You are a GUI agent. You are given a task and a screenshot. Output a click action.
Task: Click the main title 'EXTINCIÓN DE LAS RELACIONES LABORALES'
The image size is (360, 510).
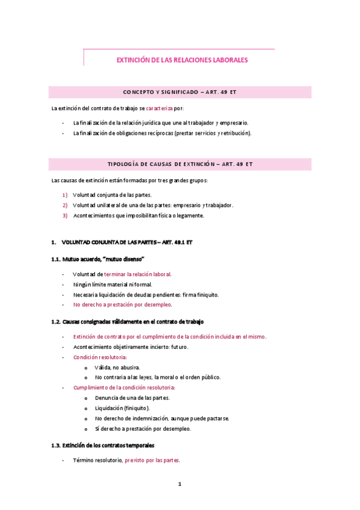click(182, 60)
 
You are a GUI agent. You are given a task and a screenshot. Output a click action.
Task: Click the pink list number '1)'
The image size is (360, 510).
click(65, 194)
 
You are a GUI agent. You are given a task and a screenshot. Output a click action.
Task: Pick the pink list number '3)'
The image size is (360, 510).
click(65, 215)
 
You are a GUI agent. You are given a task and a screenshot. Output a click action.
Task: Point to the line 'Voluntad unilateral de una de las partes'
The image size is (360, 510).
click(153, 205)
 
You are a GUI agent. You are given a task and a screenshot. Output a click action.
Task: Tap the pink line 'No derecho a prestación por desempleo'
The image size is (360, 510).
click(122, 305)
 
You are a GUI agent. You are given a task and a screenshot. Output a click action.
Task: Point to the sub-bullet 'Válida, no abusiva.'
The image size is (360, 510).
click(118, 367)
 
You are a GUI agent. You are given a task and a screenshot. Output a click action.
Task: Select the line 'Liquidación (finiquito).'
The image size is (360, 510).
click(123, 408)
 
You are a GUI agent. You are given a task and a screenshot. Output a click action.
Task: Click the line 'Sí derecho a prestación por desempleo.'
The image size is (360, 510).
click(142, 429)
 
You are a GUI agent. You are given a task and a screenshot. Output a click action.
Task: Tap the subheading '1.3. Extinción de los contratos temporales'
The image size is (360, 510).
click(103, 446)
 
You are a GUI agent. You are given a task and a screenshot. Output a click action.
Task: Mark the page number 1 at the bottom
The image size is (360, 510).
click(180, 484)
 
